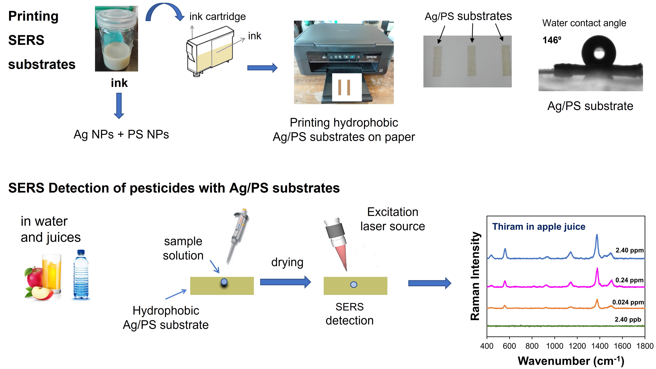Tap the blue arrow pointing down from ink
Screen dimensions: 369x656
119,105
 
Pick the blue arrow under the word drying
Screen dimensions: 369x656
285,282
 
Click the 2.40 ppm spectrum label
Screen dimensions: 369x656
630,250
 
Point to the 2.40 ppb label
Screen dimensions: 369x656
628,320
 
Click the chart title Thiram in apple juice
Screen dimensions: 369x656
539,227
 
